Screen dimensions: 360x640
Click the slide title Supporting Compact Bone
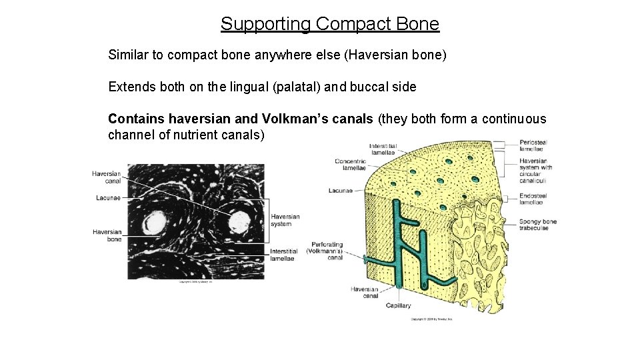(x=330, y=25)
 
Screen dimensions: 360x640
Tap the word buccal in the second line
(x=381, y=87)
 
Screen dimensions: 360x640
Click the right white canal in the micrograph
(x=239, y=222)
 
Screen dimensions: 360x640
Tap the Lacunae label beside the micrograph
(x=108, y=198)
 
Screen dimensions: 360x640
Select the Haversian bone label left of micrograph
(x=107, y=235)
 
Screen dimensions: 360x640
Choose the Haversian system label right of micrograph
(x=285, y=220)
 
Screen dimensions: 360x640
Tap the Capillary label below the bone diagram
(x=398, y=305)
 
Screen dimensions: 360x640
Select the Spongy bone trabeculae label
(x=538, y=225)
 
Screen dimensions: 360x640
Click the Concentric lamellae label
(x=351, y=165)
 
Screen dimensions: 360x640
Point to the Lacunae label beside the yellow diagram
(x=341, y=191)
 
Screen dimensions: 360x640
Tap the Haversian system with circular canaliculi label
(x=535, y=170)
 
